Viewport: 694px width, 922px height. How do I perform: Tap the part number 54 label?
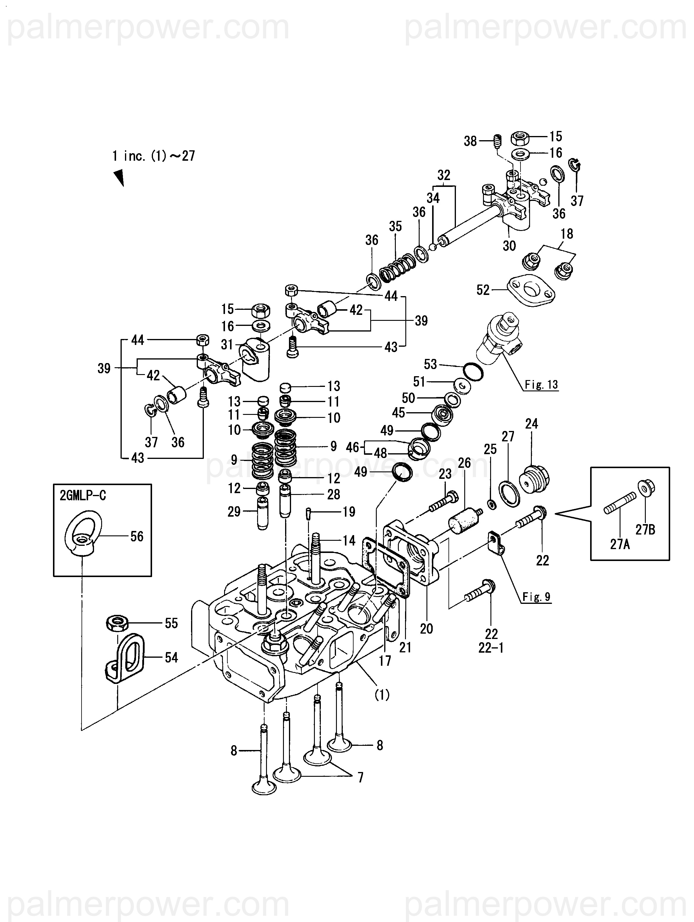pyautogui.click(x=171, y=657)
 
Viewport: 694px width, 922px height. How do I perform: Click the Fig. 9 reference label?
pyautogui.click(x=537, y=597)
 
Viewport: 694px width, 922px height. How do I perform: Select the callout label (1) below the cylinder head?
pyautogui.click(x=382, y=694)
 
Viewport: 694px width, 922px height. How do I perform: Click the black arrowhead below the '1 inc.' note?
pyautogui.click(x=119, y=177)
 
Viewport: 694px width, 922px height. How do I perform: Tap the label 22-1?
pyautogui.click(x=491, y=648)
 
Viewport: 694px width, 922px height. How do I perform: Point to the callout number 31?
pyautogui.click(x=227, y=344)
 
